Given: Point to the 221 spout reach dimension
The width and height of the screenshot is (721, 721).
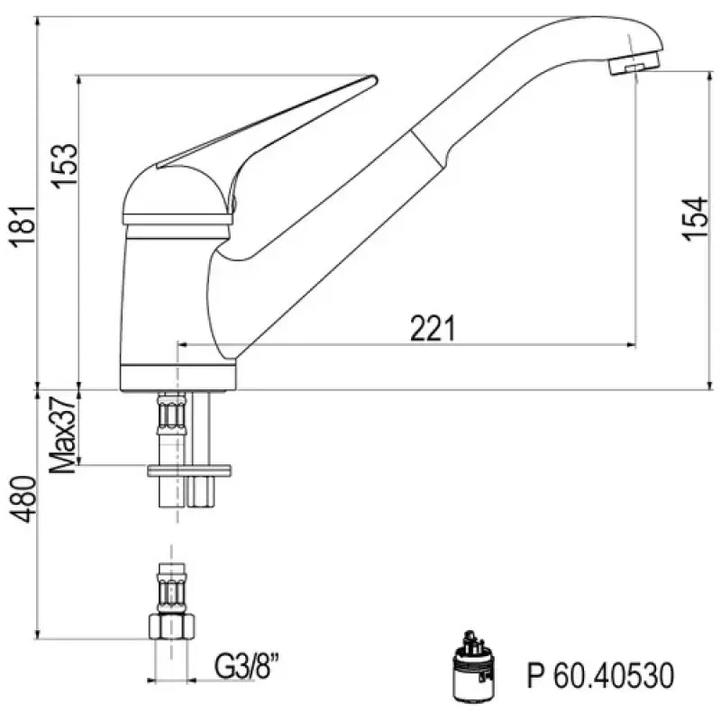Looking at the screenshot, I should point(432,330).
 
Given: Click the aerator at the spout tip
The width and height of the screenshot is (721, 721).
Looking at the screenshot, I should point(634,66).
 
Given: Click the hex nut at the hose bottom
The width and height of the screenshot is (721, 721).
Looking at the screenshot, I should point(171,626).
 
